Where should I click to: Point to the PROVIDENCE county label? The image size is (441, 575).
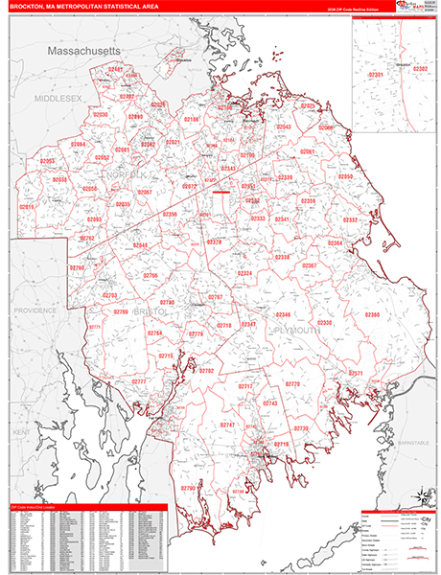(x=35, y=310)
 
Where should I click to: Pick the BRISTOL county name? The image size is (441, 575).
(x=151, y=311)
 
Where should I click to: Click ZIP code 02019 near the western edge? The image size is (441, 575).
(x=26, y=206)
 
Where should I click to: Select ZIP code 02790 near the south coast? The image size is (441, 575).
(x=188, y=488)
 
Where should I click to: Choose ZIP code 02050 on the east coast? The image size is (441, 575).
(x=344, y=176)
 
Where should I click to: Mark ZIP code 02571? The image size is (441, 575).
(x=355, y=373)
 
